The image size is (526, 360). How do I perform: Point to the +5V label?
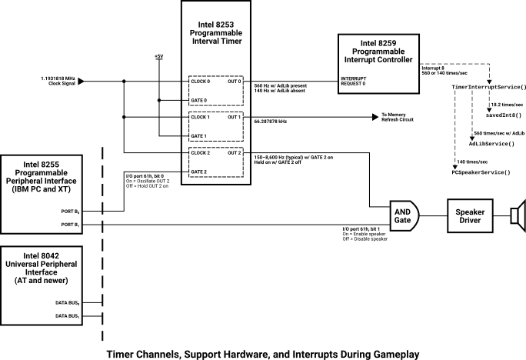point(158,56)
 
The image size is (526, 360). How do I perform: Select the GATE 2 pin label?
point(199,172)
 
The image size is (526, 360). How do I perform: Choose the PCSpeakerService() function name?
point(481,172)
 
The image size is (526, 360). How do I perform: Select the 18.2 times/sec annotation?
point(507,104)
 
